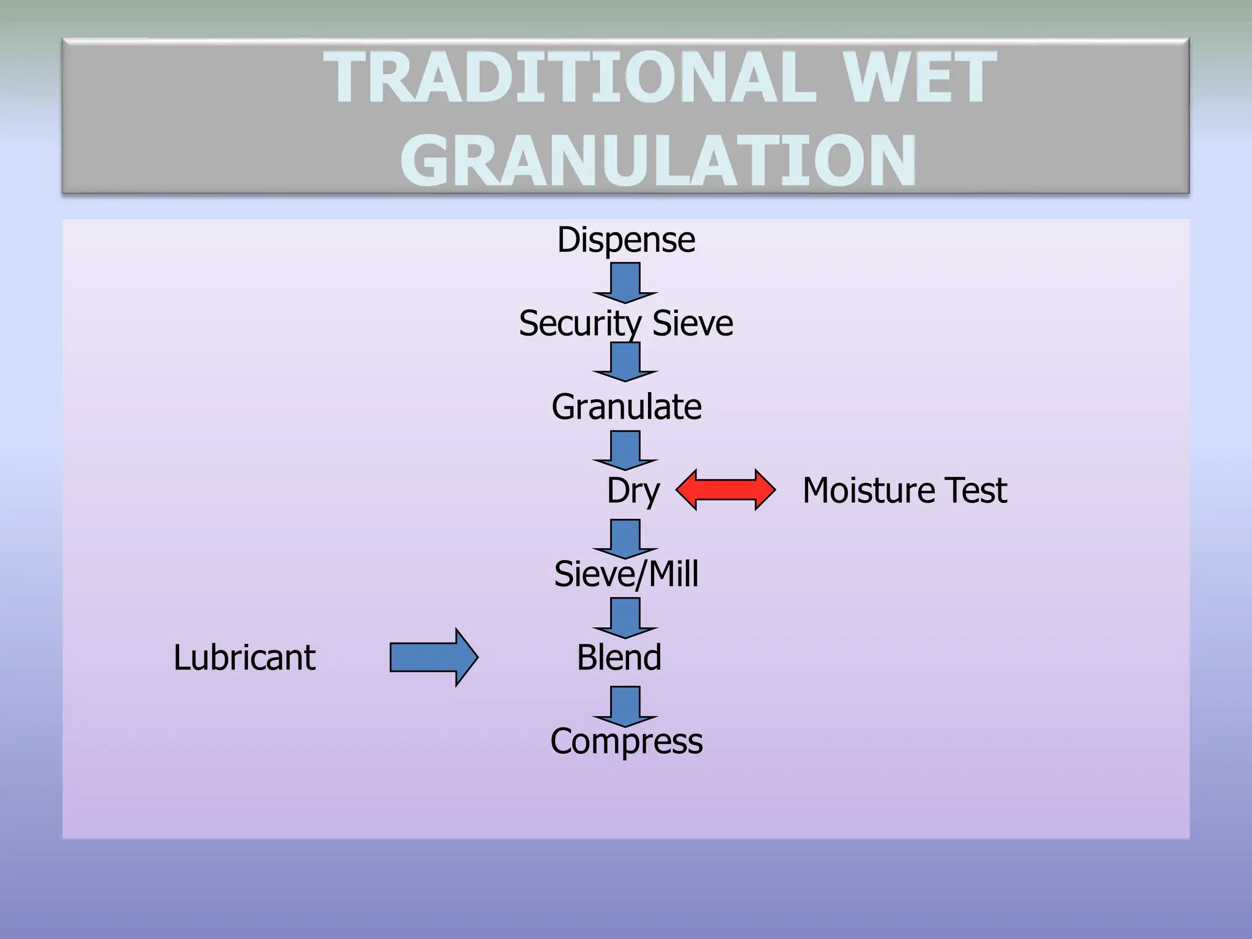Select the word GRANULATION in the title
coord(658,160)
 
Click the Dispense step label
coord(626,240)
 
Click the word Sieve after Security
coord(693,323)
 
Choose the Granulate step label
coord(626,407)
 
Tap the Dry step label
coord(633,491)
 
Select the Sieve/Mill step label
coord(626,574)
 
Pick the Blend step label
coord(619,658)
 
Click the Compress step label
coord(626,742)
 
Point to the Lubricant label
coord(245,658)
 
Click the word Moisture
coord(869,490)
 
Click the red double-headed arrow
coord(726,490)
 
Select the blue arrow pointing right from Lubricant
coord(433,658)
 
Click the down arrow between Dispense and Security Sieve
coord(625,282)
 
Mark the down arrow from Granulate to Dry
coord(625,450)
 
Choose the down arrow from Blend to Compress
coord(625,706)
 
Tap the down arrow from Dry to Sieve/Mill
coord(625,539)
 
